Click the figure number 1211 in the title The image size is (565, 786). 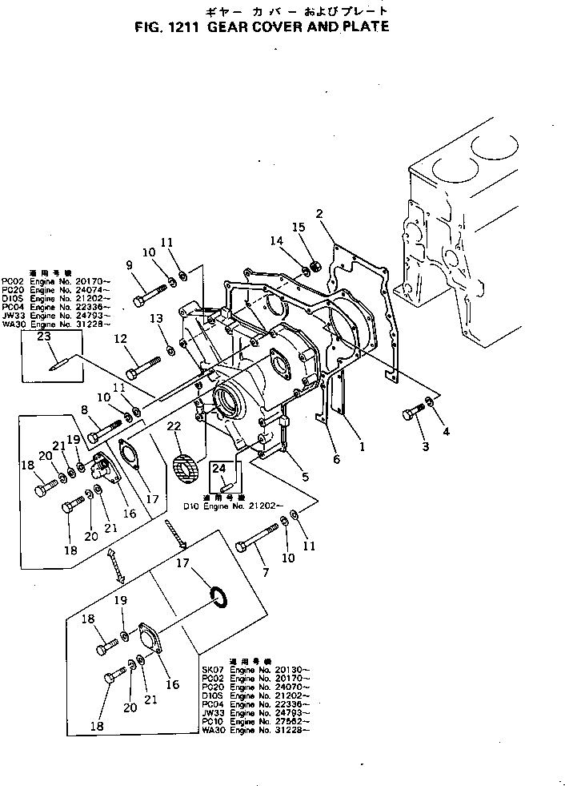[x=185, y=26]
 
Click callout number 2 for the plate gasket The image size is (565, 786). [x=319, y=213]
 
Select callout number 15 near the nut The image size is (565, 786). [x=300, y=228]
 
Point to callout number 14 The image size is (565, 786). [x=276, y=240]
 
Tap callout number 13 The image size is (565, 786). [x=157, y=318]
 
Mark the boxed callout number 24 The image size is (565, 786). [x=219, y=470]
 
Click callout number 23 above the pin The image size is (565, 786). [x=44, y=337]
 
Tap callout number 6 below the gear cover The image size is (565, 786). [x=336, y=459]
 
